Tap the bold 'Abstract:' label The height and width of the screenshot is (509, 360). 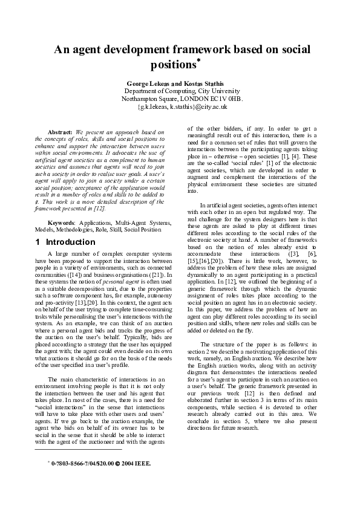tap(60, 131)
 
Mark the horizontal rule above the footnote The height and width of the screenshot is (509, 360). tap(79, 450)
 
